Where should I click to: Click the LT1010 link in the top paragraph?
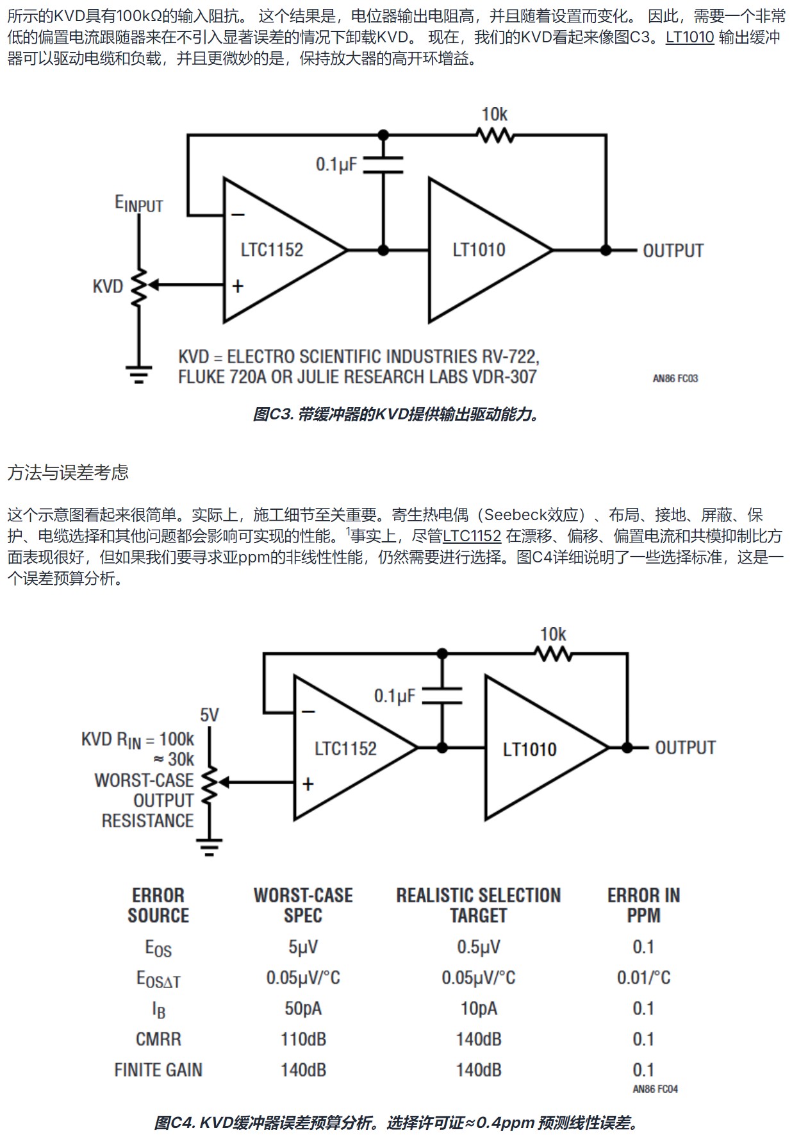point(689,37)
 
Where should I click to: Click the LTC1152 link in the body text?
point(472,536)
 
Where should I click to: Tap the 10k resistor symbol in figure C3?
point(495,135)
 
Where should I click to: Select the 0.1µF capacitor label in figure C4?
point(395,696)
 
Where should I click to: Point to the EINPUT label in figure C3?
point(139,204)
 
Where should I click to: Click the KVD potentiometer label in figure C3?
point(108,286)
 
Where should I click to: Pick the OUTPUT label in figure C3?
point(673,251)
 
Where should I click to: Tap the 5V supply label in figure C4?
point(210,715)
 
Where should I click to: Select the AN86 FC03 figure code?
point(675,379)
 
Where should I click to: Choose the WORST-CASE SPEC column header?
point(303,905)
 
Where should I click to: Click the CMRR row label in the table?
point(158,1039)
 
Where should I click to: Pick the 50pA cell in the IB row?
point(303,1009)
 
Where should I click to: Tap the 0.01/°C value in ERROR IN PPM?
point(643,978)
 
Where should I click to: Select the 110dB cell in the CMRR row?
point(303,1039)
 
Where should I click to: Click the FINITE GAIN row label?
point(158,1070)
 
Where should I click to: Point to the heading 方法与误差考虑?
point(68,473)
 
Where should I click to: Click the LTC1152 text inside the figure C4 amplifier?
point(345,748)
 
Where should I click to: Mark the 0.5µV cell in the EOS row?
point(479,947)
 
